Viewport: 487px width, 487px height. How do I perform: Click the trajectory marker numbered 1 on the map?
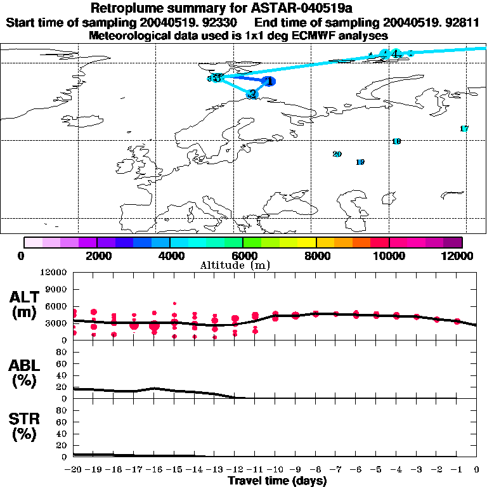click(x=269, y=81)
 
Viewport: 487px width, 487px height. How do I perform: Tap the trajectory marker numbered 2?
click(x=252, y=94)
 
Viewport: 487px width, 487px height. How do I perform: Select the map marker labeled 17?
click(x=464, y=129)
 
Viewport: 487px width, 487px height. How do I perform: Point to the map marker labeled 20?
click(x=337, y=154)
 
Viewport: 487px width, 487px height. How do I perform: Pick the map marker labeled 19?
click(x=360, y=162)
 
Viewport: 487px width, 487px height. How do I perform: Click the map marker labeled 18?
click(x=396, y=141)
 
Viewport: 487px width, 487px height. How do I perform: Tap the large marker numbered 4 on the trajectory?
click(x=395, y=53)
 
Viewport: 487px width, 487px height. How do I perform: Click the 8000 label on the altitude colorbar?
click(x=316, y=256)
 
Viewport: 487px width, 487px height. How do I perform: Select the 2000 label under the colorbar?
click(x=96, y=256)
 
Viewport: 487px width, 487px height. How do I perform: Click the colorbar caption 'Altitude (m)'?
click(x=243, y=265)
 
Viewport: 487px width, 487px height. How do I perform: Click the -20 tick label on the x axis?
click(x=74, y=470)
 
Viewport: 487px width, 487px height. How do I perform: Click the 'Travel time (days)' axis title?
click(x=277, y=481)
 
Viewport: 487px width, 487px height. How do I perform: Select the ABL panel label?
click(x=25, y=373)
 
